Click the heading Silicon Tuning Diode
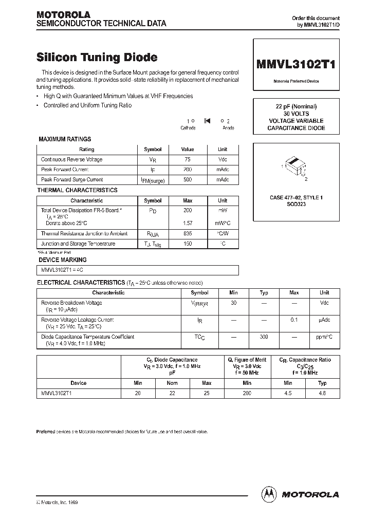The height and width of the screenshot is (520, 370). (97, 58)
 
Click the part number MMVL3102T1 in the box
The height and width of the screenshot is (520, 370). (296, 64)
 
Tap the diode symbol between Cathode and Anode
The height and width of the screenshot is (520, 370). (207, 121)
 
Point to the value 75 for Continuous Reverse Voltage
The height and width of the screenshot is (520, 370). (187, 159)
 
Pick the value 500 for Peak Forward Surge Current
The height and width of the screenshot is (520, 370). (187, 180)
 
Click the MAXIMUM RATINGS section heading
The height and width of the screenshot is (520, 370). (65, 139)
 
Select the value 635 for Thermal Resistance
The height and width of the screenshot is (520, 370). (187, 234)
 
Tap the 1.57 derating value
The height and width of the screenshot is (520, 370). (187, 224)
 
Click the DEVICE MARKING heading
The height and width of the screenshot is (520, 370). (62, 260)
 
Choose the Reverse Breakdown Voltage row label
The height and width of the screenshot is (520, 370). (71, 303)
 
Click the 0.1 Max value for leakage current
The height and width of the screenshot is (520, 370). (294, 320)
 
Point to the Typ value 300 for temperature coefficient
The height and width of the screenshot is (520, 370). (264, 337)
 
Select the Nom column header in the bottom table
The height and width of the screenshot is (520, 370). (172, 383)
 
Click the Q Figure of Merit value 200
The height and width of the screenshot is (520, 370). (247, 393)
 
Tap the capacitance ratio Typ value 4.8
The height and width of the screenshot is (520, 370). (322, 393)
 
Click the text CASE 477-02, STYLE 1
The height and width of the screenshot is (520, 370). (296, 197)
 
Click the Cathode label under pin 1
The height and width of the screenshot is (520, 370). (189, 128)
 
